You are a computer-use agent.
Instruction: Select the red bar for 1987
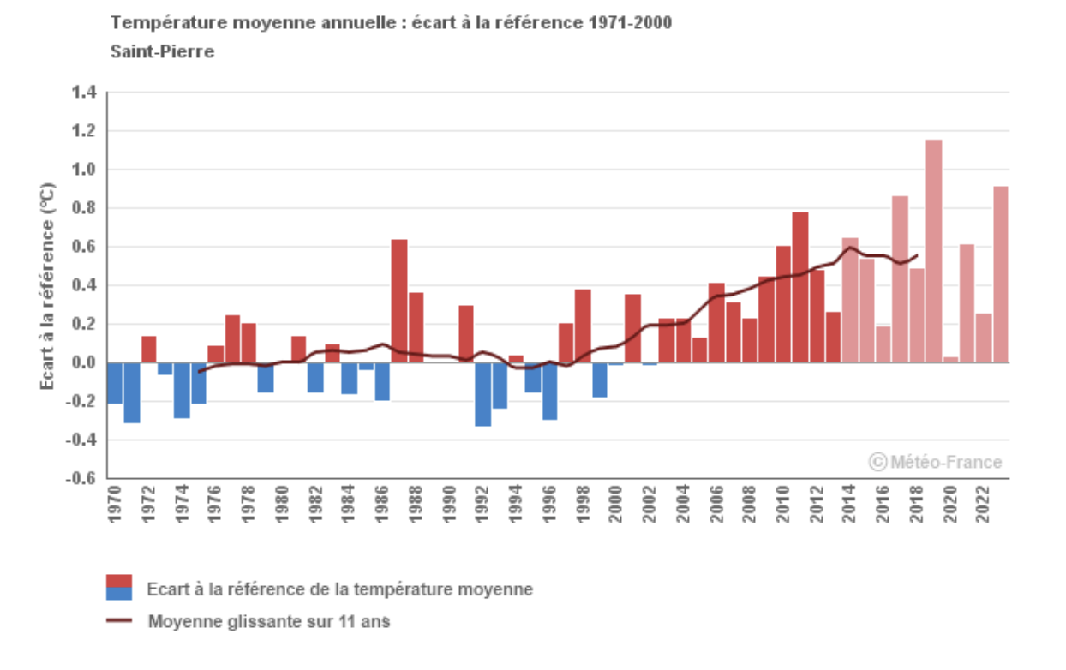[399, 301]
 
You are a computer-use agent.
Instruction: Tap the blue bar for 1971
[131, 392]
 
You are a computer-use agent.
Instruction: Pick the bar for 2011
[800, 287]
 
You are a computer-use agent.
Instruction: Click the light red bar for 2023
[1000, 274]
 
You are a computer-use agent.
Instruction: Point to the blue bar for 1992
[482, 394]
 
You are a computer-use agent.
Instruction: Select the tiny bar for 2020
[950, 360]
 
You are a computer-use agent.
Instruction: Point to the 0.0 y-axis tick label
[84, 363]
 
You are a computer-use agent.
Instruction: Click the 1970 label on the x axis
[115, 505]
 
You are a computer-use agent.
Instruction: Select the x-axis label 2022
[983, 505]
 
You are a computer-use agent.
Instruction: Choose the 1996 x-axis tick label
[549, 505]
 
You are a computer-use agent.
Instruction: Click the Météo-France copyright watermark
[935, 463]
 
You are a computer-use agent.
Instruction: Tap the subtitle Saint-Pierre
[162, 51]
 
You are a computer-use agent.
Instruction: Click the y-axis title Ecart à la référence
[49, 286]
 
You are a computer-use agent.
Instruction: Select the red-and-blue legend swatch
[119, 587]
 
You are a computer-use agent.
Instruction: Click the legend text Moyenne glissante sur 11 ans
[268, 621]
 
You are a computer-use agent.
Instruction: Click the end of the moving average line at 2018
[917, 254]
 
